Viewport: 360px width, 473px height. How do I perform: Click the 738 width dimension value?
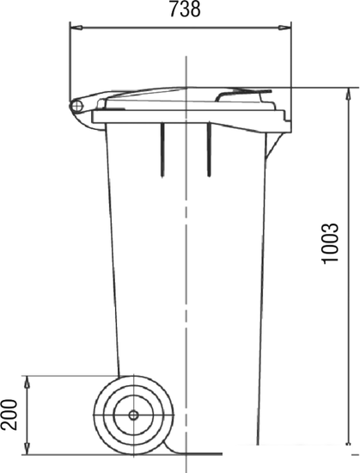click(x=185, y=9)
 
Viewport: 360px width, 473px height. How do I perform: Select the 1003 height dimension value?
click(x=331, y=243)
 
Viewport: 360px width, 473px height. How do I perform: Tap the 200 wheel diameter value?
click(x=9, y=415)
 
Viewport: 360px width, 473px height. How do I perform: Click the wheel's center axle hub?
click(x=133, y=415)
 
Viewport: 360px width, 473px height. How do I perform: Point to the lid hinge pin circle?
click(x=77, y=106)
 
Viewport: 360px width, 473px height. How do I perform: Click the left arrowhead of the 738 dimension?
click(x=76, y=28)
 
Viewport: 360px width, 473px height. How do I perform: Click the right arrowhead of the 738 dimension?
click(x=284, y=28)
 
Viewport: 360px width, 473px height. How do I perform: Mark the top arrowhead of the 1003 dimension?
click(x=349, y=94)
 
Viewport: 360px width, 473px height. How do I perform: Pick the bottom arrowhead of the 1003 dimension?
click(x=349, y=439)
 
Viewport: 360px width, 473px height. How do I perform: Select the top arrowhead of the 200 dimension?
click(x=27, y=382)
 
